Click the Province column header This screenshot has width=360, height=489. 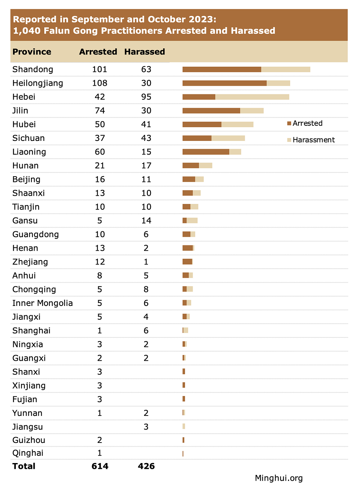point(32,52)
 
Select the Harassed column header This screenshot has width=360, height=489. point(144,52)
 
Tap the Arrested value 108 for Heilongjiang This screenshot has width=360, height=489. point(100,83)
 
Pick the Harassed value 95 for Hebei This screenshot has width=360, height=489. point(146,97)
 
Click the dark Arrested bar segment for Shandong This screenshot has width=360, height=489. point(222,70)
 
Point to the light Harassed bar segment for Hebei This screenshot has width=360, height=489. point(252,97)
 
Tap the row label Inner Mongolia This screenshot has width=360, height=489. point(42,303)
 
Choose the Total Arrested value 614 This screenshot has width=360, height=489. point(100,466)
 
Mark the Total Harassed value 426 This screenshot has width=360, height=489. point(146,466)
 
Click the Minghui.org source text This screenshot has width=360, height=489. point(279,478)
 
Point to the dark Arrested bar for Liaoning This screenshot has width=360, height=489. point(206,152)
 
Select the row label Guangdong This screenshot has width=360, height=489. point(35,235)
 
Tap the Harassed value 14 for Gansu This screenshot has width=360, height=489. point(146,221)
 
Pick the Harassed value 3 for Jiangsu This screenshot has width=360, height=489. point(146,427)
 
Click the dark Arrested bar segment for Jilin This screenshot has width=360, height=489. point(211,111)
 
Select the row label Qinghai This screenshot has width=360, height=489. point(28,453)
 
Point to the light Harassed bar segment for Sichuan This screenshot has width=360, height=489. point(228,138)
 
